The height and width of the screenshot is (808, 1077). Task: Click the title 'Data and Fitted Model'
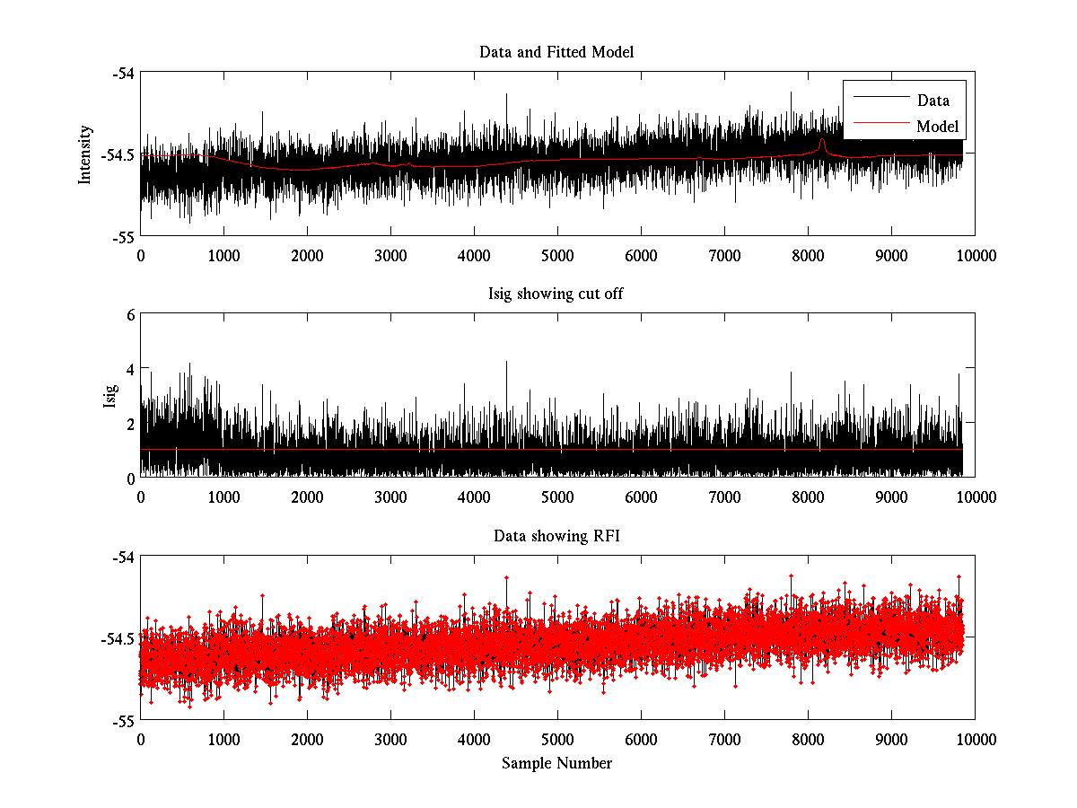tap(556, 52)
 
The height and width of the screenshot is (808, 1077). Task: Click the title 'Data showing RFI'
tap(556, 536)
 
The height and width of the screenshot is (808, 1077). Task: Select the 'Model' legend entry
tap(937, 127)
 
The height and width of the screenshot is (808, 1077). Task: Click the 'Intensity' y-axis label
tap(85, 154)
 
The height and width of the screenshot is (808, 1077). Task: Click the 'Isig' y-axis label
tap(110, 396)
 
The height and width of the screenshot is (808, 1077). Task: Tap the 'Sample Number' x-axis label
tap(556, 763)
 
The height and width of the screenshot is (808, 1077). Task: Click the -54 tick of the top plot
tap(123, 73)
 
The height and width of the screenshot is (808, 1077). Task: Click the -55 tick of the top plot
tap(123, 236)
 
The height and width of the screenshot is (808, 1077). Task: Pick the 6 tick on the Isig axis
tap(130, 315)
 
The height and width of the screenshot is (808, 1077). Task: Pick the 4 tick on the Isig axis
tap(130, 369)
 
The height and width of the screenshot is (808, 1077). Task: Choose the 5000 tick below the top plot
tap(557, 255)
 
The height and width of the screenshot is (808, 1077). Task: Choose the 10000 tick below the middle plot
tap(975, 496)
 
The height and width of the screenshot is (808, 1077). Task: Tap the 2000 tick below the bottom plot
tap(307, 739)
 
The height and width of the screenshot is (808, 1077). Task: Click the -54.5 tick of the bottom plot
tap(118, 639)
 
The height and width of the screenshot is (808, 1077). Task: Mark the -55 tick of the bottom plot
tap(123, 720)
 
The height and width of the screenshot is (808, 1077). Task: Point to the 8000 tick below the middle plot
tap(808, 496)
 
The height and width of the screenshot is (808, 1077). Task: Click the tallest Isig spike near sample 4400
tap(507, 363)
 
